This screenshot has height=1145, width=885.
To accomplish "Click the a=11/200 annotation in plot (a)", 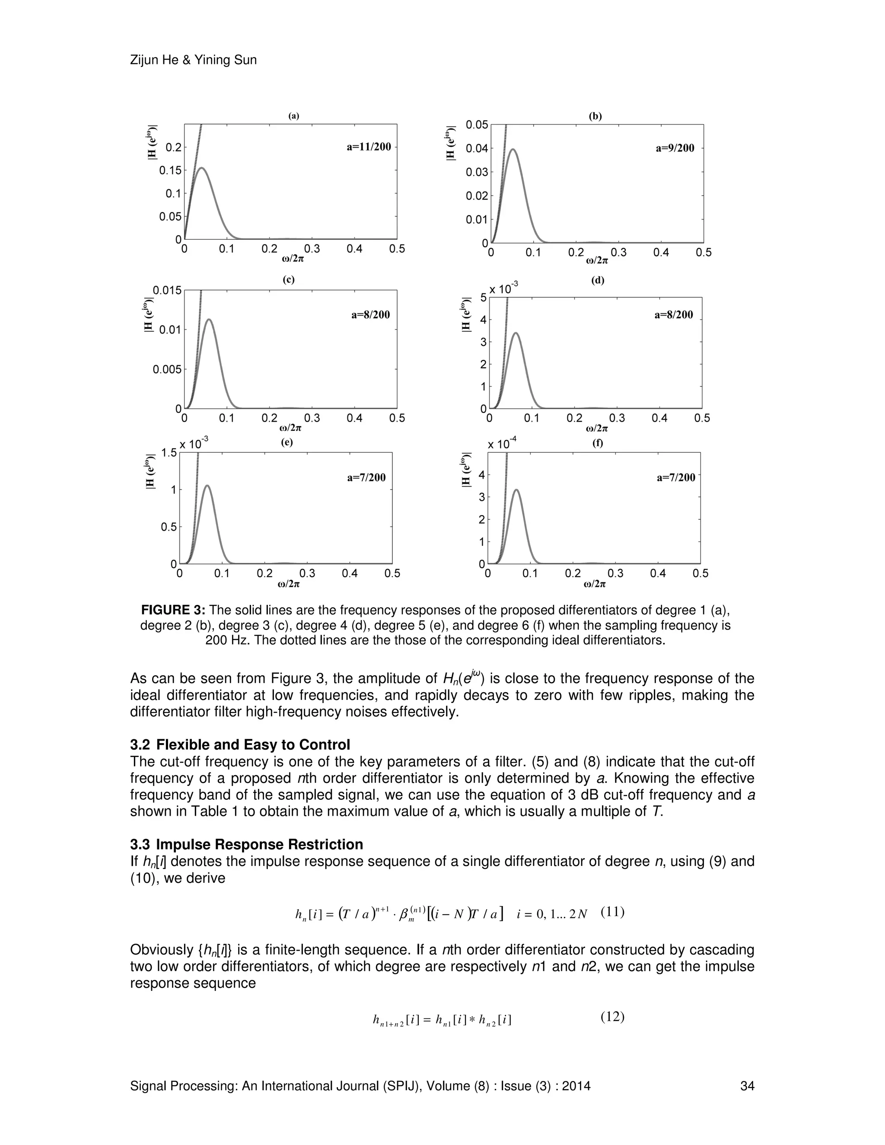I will tap(369, 147).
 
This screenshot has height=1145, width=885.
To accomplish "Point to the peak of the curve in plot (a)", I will tap(201, 168).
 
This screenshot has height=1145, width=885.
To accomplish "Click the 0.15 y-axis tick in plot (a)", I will tap(170, 170).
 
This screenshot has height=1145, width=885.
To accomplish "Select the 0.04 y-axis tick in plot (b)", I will tap(477, 148).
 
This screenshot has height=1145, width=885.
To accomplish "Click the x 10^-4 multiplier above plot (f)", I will tap(502, 444).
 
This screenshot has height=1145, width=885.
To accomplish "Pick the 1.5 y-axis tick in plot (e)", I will tap(169, 452).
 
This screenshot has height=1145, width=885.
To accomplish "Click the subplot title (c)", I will tap(288, 280).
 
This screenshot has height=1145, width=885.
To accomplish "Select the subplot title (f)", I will tap(598, 443).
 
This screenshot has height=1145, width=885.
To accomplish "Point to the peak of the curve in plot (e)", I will tap(207, 486).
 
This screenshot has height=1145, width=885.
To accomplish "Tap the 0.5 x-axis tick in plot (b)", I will tap(704, 253).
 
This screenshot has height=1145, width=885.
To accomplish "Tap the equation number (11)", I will tap(612, 912).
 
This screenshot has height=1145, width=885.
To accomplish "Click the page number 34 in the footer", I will tap(747, 1086).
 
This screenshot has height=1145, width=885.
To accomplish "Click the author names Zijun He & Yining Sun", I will tap(193, 60).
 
